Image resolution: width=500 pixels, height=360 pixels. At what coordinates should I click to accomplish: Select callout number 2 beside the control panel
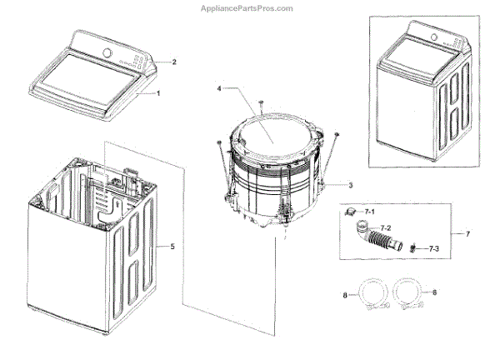(x=173, y=62)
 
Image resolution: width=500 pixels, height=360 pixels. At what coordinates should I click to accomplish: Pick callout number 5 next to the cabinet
(x=172, y=246)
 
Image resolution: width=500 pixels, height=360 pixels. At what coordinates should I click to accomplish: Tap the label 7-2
(x=387, y=227)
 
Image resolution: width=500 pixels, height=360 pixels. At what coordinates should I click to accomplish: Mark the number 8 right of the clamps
(x=432, y=292)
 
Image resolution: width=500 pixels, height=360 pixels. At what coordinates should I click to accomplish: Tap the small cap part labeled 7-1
(x=352, y=214)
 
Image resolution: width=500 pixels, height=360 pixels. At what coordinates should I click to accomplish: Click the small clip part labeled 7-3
(x=412, y=247)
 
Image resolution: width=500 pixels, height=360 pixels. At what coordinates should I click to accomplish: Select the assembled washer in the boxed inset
(x=421, y=92)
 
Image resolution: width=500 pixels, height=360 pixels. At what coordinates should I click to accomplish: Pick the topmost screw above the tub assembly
(x=261, y=102)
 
